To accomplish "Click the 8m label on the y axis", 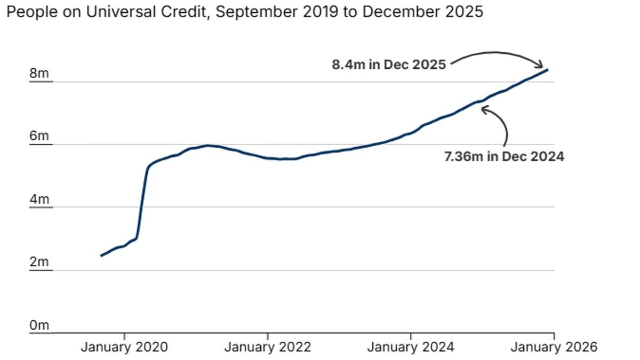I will tap(39, 74).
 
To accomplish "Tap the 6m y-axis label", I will tap(39, 137).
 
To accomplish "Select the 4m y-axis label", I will tap(39, 199).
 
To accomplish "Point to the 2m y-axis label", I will tap(39, 262).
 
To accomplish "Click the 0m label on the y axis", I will tap(39, 325).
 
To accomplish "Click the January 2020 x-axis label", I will tap(124, 347).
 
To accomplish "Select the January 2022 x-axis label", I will tap(267, 347).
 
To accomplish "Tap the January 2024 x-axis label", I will tap(411, 347).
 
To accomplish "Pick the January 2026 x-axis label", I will tap(554, 347).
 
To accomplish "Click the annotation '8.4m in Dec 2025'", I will tap(388, 65).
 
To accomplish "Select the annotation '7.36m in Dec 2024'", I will tap(504, 157).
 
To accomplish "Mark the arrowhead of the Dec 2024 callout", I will tap(483, 109).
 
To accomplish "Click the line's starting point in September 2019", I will tap(101, 256).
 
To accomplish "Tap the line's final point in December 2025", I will tap(548, 69).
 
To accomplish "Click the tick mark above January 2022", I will tap(267, 336).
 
